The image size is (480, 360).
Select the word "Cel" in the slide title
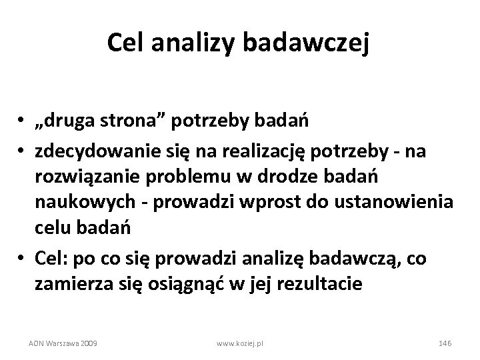127,44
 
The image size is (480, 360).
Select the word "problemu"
179,177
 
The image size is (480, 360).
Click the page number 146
445,343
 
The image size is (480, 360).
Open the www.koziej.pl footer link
241,343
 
